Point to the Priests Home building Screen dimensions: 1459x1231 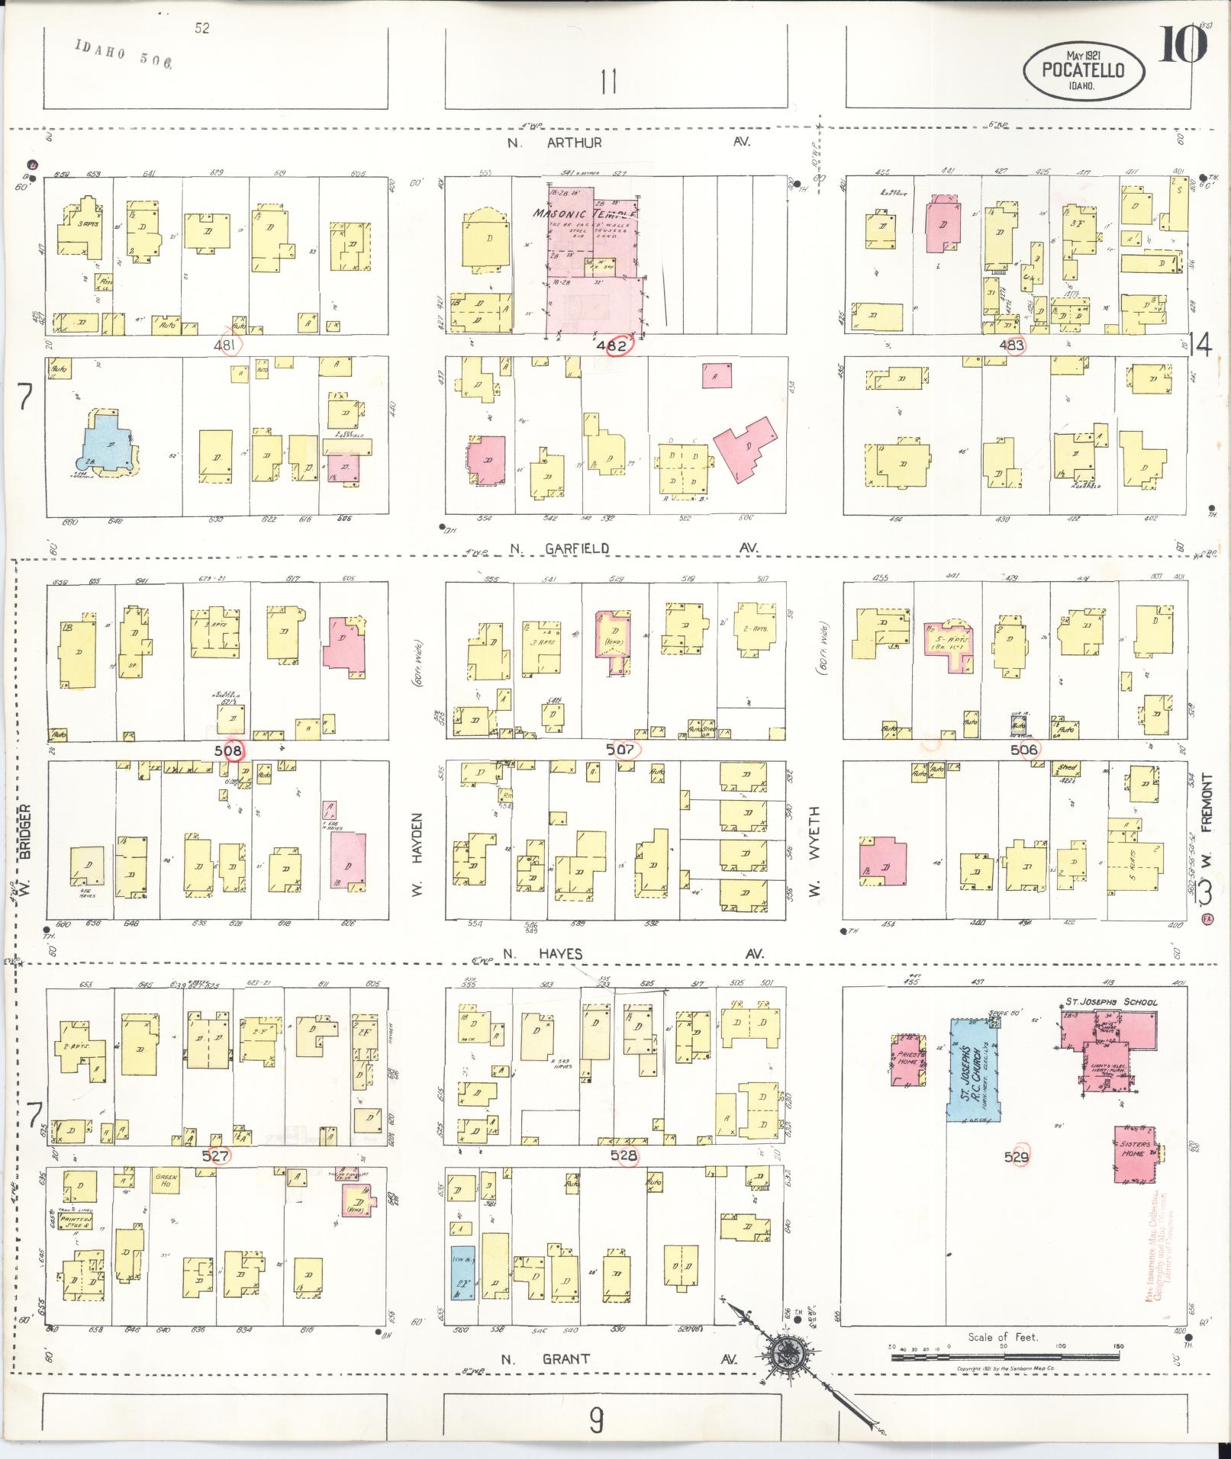(x=907, y=1059)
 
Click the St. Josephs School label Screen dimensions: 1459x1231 (x=1111, y=1001)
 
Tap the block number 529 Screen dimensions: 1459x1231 (x=1017, y=1178)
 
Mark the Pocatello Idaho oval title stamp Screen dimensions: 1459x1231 (x=1084, y=69)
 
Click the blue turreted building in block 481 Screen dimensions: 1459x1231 (x=108, y=442)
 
